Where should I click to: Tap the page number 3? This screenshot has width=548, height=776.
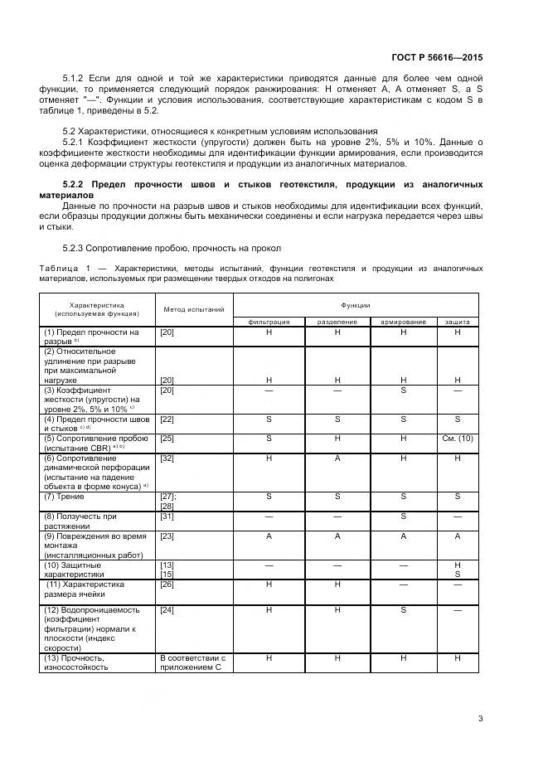[480, 718]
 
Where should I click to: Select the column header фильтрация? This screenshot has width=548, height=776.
[269, 321]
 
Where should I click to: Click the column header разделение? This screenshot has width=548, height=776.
[337, 321]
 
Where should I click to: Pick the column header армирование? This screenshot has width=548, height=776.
[403, 321]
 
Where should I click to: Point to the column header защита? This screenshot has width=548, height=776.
[457, 321]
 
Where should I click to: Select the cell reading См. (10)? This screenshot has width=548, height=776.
[457, 438]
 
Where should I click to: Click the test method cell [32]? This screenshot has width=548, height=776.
[167, 458]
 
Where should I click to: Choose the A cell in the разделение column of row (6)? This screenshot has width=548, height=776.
[337, 458]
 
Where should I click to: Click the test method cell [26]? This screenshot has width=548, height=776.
[167, 584]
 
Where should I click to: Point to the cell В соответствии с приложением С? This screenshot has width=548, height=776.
[192, 662]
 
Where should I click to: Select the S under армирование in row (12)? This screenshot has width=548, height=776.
[403, 609]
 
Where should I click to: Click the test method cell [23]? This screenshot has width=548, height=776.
[167, 536]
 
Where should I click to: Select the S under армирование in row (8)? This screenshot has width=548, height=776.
[403, 516]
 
